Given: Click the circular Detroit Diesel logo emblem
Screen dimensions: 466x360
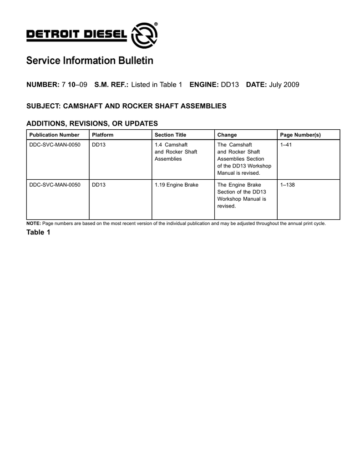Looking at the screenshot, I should tap(144, 35).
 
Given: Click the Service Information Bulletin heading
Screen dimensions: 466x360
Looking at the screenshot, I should tap(90, 61).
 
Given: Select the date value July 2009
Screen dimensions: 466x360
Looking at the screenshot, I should tap(284, 85).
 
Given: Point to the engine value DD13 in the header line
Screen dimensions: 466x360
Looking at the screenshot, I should tap(230, 85).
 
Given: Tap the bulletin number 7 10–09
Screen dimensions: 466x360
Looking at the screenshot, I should tap(74, 85).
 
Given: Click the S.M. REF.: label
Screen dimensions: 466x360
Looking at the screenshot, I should tap(112, 85).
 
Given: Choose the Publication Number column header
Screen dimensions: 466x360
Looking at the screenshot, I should tap(54, 135).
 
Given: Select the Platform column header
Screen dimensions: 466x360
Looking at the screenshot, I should tap(102, 135).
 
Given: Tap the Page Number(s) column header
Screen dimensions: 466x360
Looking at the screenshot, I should tap(300, 135).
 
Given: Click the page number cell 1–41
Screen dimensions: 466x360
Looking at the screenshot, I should tap(286, 145).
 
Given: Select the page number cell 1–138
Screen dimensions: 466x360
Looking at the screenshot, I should tap(288, 185).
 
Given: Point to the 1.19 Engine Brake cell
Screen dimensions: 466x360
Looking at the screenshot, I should tap(176, 185).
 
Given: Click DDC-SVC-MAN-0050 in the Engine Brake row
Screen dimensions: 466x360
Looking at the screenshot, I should tap(55, 185).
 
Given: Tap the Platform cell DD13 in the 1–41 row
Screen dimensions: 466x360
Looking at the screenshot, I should tap(98, 145).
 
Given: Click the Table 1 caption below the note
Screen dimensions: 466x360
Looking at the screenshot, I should tap(38, 233).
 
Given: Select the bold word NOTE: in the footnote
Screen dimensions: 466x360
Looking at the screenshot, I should tap(34, 223).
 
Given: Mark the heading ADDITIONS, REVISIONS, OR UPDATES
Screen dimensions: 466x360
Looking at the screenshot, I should tap(92, 123).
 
